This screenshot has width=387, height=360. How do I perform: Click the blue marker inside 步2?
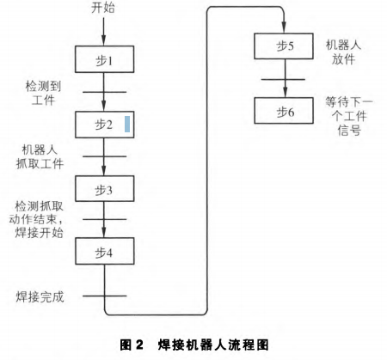point(127,124)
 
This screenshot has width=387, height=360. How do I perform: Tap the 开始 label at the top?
point(103,8)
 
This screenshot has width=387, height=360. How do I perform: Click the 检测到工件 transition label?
point(43,93)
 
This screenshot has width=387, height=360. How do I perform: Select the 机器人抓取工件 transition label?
point(40,156)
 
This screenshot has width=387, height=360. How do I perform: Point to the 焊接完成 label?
point(40,296)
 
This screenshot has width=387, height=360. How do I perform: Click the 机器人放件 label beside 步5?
point(343,52)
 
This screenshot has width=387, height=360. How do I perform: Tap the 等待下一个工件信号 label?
point(349,116)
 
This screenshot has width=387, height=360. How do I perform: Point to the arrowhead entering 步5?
point(284,27)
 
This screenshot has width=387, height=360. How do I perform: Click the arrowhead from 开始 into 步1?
point(104,40)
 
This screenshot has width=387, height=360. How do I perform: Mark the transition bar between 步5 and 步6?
point(283,79)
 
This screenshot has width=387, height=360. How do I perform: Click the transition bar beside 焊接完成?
point(105,296)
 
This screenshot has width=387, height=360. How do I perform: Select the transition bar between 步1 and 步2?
point(104,92)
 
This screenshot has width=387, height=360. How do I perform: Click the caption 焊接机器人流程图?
point(213,345)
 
